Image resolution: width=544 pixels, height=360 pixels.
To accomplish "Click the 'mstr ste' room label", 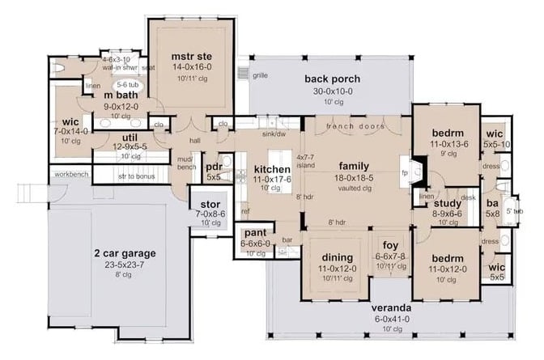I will pyautogui.click(x=191, y=56).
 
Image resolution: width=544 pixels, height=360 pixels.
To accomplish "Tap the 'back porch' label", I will pyautogui.click(x=333, y=78).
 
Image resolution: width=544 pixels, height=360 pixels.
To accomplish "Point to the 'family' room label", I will pyautogui.click(x=355, y=165).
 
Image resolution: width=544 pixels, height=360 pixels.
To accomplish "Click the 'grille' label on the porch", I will pyautogui.click(x=260, y=74).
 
